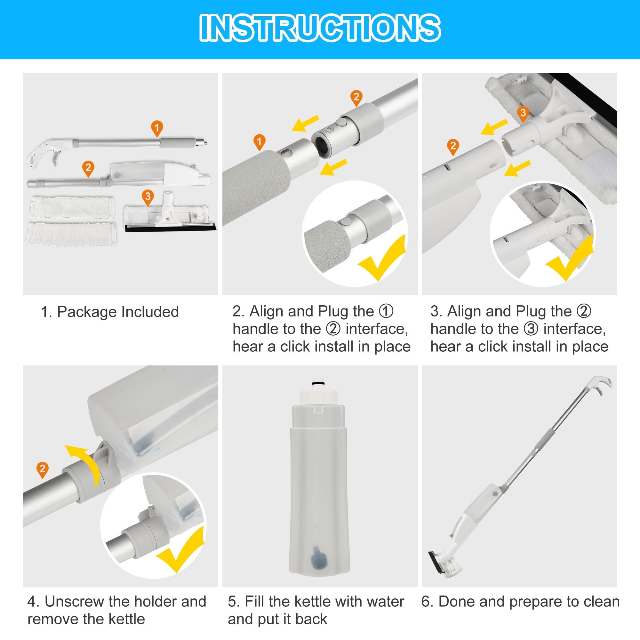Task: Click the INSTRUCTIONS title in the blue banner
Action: click(x=320, y=28)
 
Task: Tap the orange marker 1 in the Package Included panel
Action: click(x=157, y=128)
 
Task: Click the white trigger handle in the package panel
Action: click(x=50, y=154)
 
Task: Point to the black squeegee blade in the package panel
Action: click(x=171, y=228)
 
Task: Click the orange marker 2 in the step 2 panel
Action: click(x=356, y=97)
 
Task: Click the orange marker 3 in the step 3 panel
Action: click(x=523, y=113)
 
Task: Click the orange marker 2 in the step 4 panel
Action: click(x=43, y=469)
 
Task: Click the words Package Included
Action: click(x=118, y=312)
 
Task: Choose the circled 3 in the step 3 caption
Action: click(x=531, y=329)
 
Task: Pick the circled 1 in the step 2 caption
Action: click(x=386, y=311)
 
